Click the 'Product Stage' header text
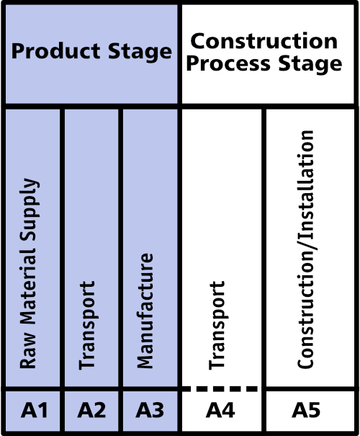pyautogui.click(x=91, y=51)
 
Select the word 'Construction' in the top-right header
pyautogui.click(x=264, y=41)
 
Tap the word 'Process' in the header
pyautogui.click(x=228, y=63)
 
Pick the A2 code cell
pyautogui.click(x=91, y=411)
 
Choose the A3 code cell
pyautogui.click(x=150, y=411)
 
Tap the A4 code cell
pyautogui.click(x=221, y=411)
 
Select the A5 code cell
pyautogui.click(x=310, y=411)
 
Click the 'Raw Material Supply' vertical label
pyautogui.click(x=29, y=274)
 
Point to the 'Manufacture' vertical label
pyautogui.click(x=145, y=311)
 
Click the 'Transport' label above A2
pyautogui.click(x=87, y=325)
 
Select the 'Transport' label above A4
pyautogui.click(x=217, y=325)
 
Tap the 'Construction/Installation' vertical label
pyautogui.click(x=305, y=249)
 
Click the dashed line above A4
pyautogui.click(x=220, y=388)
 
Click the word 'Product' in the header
pyautogui.click(x=55, y=51)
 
